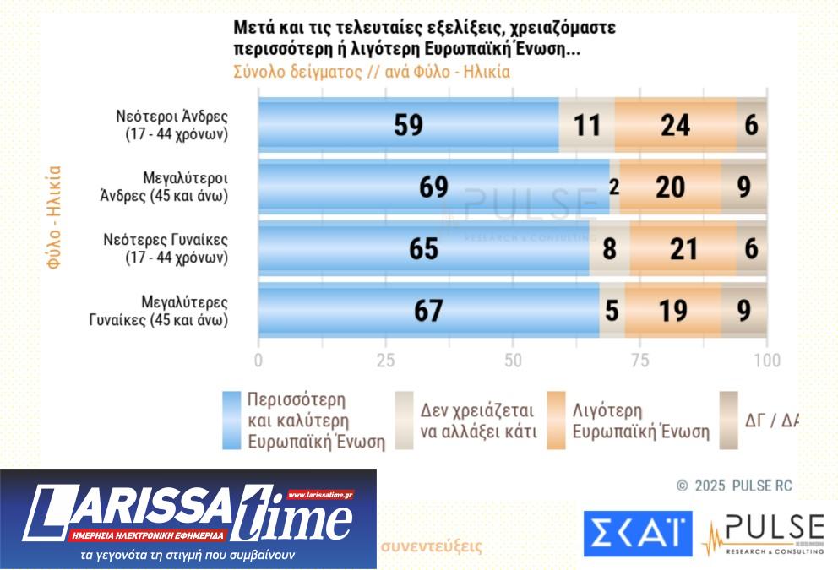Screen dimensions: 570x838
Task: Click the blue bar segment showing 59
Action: (408, 125)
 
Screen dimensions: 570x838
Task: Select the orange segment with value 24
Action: (675, 125)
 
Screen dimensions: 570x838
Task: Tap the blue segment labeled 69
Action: (433, 187)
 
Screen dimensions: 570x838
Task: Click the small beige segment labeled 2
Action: (614, 187)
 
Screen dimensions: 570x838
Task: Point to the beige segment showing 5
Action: (612, 310)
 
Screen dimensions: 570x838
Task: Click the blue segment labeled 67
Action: (428, 310)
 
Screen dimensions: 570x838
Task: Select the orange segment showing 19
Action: (672, 310)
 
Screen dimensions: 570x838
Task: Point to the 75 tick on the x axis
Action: (640, 361)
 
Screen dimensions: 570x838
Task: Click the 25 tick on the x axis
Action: (385, 361)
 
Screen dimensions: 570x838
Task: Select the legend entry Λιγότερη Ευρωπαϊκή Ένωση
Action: (641, 421)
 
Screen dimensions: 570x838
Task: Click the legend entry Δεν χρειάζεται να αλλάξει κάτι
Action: (479, 421)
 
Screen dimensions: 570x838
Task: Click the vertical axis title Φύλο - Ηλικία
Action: (54, 218)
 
